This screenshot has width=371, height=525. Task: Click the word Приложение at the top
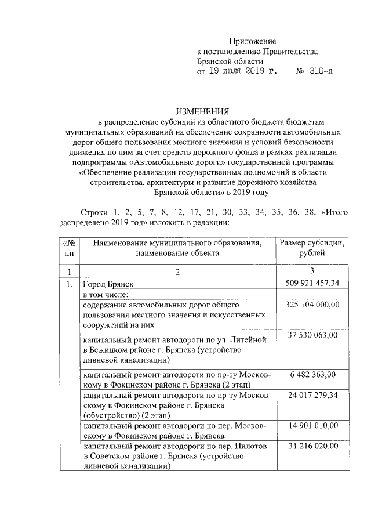pyautogui.click(x=253, y=41)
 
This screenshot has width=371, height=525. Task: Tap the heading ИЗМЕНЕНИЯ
pyautogui.click(x=203, y=111)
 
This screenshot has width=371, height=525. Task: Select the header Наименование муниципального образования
pyautogui.click(x=177, y=243)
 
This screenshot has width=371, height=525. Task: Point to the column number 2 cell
pyautogui.click(x=177, y=271)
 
